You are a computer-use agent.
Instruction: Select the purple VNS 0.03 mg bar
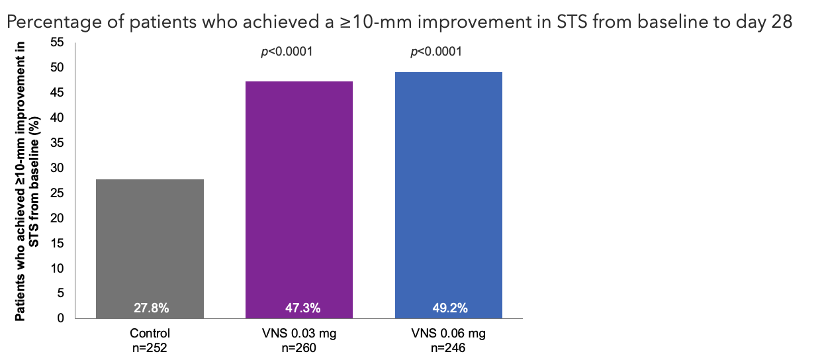coord(299,199)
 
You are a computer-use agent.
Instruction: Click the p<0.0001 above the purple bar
coord(286,52)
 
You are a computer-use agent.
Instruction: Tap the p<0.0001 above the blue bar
coord(435,52)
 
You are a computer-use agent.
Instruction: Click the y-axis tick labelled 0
coord(61,318)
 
